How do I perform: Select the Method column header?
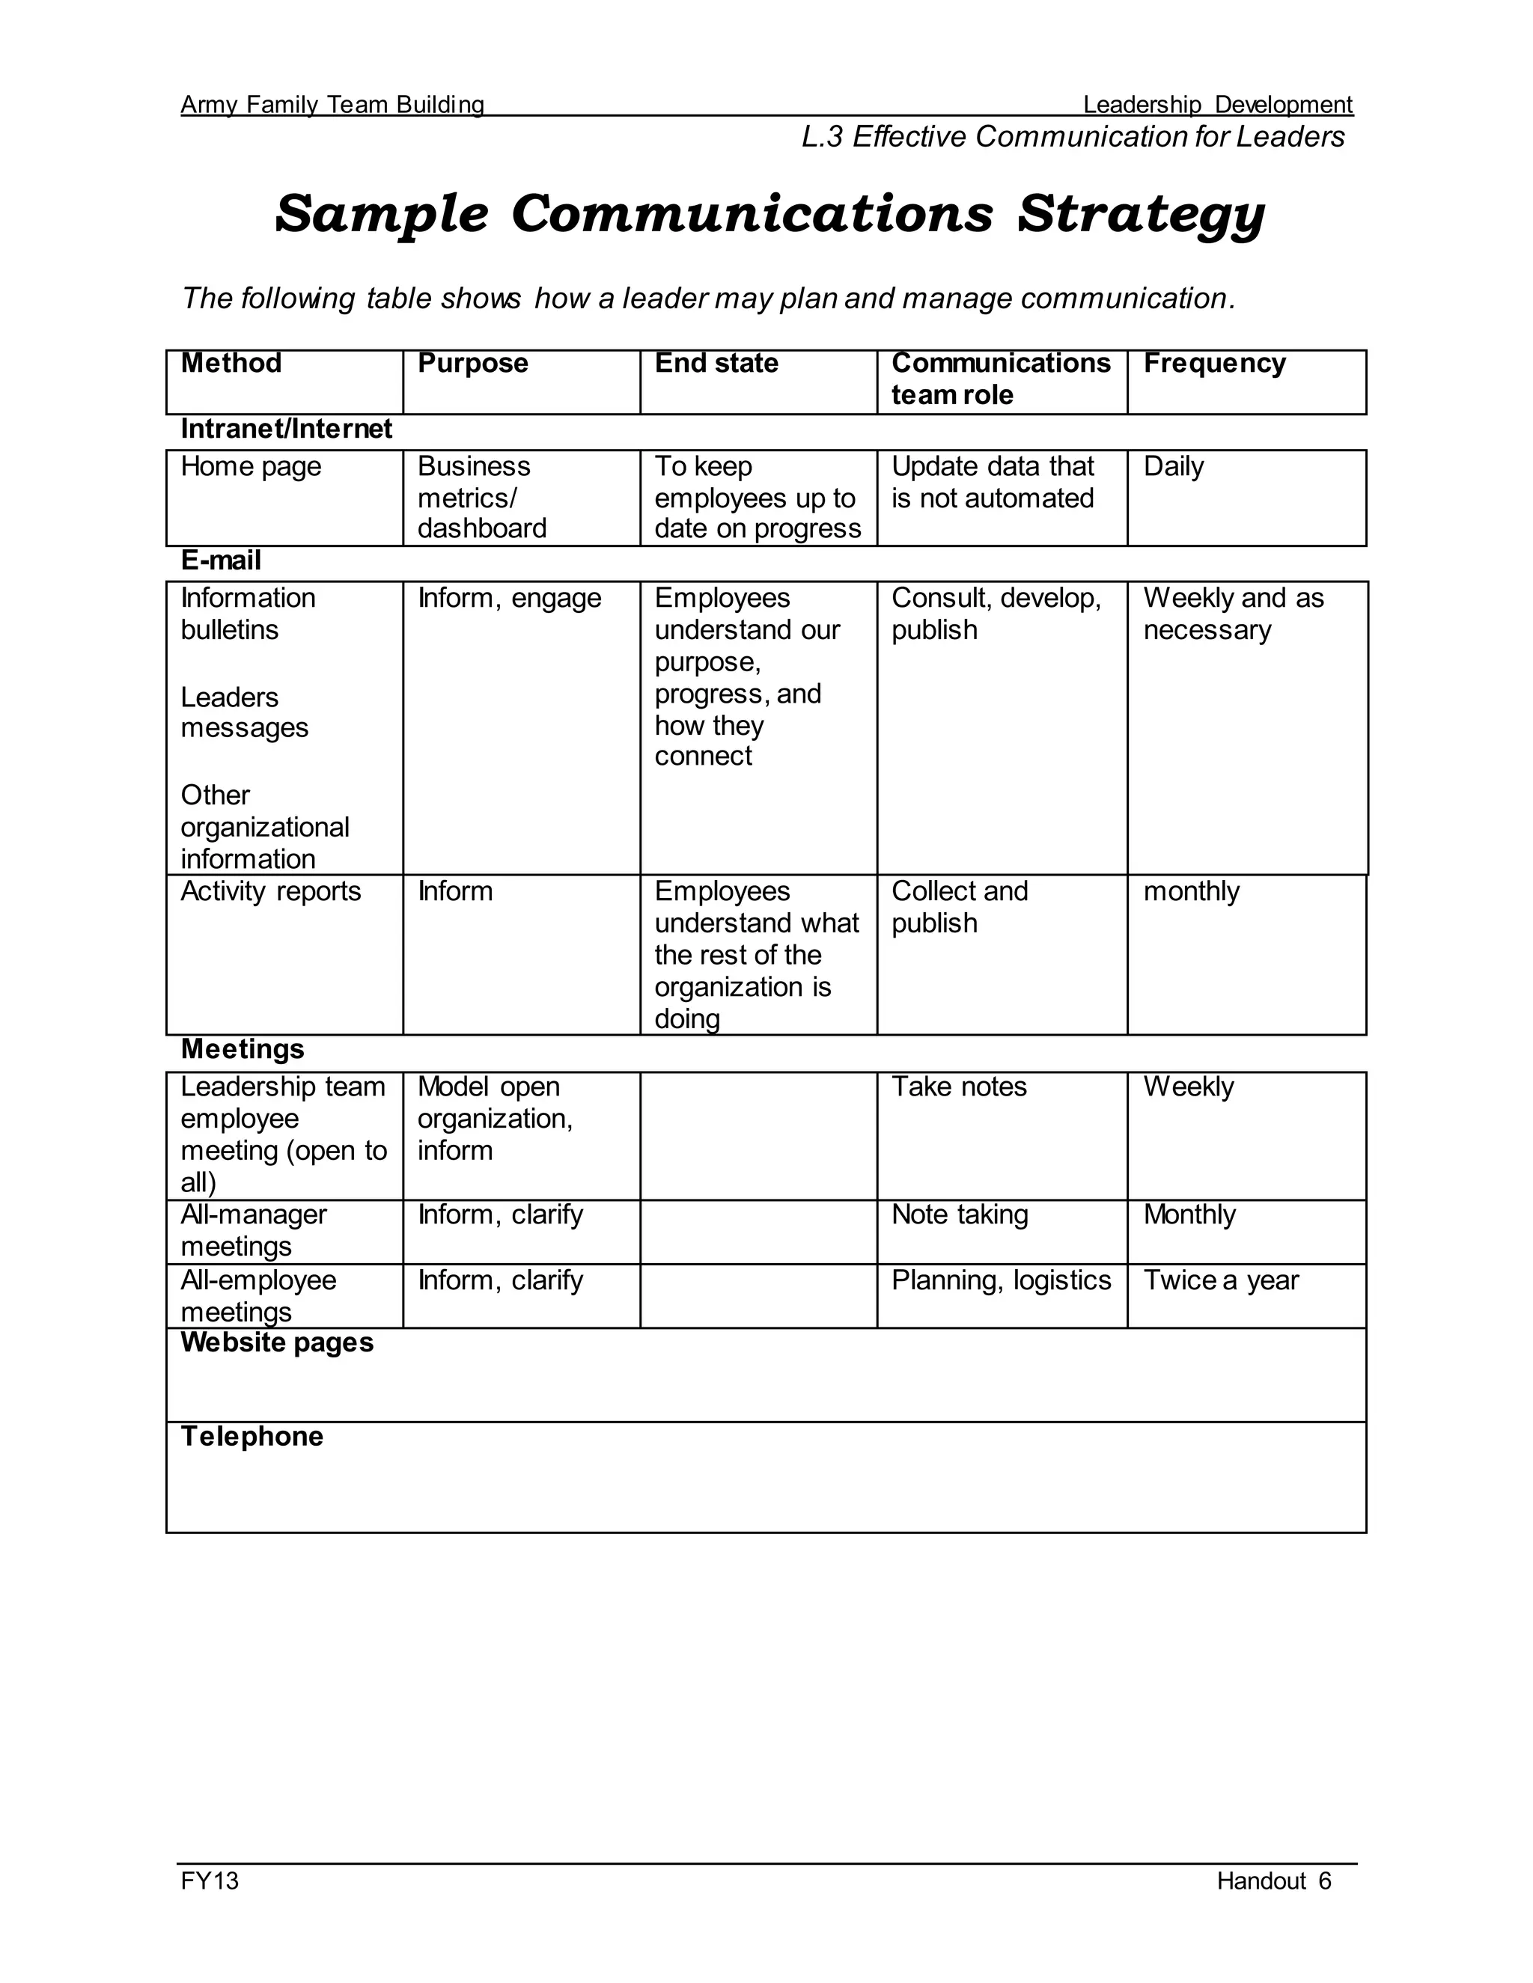coord(231,363)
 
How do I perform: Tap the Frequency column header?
coord(1213,363)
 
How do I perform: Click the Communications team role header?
coord(1000,379)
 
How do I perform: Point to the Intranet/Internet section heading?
coord(286,429)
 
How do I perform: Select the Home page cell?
coord(251,467)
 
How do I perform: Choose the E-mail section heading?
coord(221,560)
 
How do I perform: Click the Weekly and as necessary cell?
coord(1232,614)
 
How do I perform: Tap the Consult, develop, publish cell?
coord(996,614)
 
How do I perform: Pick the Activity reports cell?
coord(271,892)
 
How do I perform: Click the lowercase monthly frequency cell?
coord(1191,892)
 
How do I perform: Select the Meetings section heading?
coord(243,1050)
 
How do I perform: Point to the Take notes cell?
coord(958,1087)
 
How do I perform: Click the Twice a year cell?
coord(1221,1280)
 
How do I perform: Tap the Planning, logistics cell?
coord(1001,1280)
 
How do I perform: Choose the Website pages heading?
coord(277,1343)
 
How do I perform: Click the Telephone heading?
coord(252,1437)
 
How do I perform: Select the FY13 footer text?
coord(210,1880)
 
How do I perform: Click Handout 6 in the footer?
coord(1273,1880)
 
